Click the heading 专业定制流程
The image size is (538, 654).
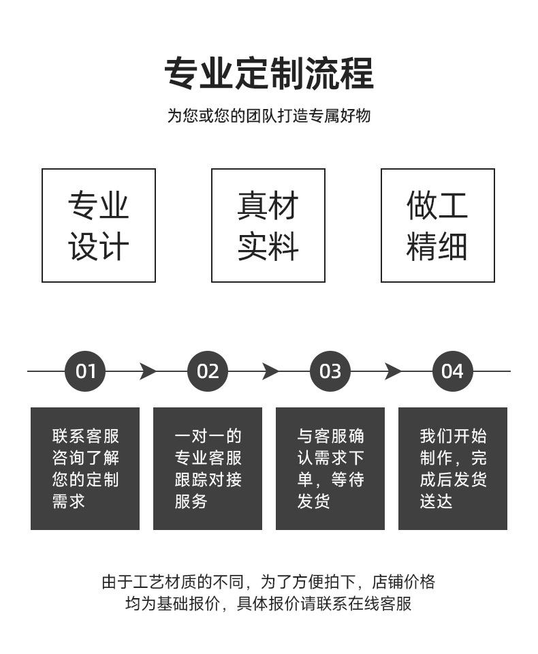tap(269, 74)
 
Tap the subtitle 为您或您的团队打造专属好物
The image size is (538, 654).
tap(269, 116)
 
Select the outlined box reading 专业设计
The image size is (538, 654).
tap(99, 225)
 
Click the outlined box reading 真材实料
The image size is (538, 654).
tap(268, 225)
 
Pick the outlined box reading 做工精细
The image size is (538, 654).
tap(438, 225)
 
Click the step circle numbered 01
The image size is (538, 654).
tap(85, 371)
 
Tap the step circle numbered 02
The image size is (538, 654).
tap(208, 371)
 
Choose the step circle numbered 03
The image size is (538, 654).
tap(330, 371)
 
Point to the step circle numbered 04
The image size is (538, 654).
tap(452, 371)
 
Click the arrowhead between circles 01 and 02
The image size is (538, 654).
tap(148, 371)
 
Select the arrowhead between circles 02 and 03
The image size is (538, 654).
tap(270, 371)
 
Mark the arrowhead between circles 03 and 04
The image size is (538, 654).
tap(393, 371)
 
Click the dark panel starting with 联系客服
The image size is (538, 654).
tap(85, 469)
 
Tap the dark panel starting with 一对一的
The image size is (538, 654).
tap(208, 469)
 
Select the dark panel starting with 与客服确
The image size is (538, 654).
tap(330, 469)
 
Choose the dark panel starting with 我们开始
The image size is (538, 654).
tap(453, 469)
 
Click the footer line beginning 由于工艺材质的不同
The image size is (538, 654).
tap(268, 582)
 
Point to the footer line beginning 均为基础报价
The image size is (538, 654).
tap(268, 604)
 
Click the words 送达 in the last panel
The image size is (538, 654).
tap(437, 502)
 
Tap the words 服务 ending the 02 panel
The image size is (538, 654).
tap(191, 502)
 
